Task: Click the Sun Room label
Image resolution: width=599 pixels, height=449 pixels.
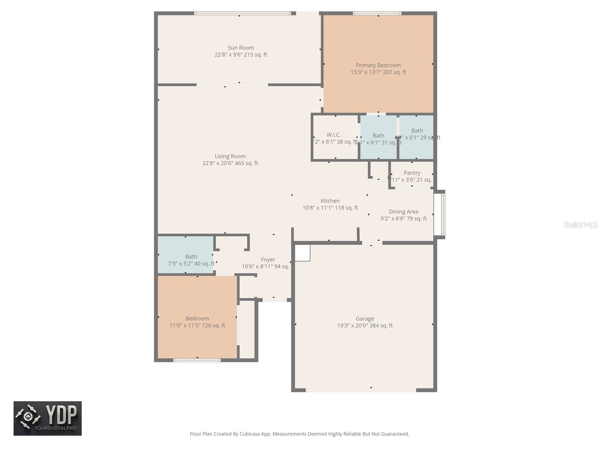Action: [241, 48]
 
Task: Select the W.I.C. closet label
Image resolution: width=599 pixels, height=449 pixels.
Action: [334, 135]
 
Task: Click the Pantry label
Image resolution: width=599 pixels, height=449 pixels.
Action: [412, 173]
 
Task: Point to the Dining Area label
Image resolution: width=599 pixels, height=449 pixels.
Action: [403, 211]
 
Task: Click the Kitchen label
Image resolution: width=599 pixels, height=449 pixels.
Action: [330, 201]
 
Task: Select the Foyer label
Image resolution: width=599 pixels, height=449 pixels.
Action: [268, 260]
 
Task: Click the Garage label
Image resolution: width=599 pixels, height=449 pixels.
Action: [365, 319]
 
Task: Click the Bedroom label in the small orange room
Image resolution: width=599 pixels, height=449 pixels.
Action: [197, 319]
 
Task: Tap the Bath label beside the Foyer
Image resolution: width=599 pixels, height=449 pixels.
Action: [191, 257]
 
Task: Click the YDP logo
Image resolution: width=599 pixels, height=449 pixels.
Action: [48, 418]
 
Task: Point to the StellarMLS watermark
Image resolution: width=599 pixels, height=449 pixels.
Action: [580, 224]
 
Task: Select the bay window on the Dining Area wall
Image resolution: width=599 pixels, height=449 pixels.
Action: [443, 214]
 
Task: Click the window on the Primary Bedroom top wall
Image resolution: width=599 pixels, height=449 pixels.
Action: [377, 13]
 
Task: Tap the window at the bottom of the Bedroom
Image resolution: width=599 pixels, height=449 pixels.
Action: [197, 360]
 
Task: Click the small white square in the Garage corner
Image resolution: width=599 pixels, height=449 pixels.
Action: [302, 253]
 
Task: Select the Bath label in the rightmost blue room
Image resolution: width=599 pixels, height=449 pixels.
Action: [417, 131]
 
